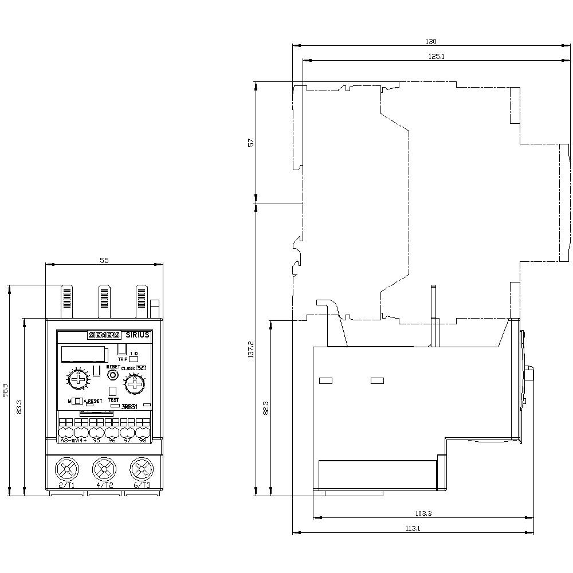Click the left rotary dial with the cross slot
[x=77, y=380]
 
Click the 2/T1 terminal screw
[x=66, y=471]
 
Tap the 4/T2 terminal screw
[x=104, y=471]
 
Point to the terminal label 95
[x=96, y=441]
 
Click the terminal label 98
[x=142, y=441]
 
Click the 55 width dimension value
[x=104, y=260]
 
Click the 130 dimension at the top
[x=431, y=41]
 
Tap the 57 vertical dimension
[x=250, y=142]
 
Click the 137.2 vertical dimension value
[x=250, y=351]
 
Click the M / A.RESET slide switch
[x=77, y=401]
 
